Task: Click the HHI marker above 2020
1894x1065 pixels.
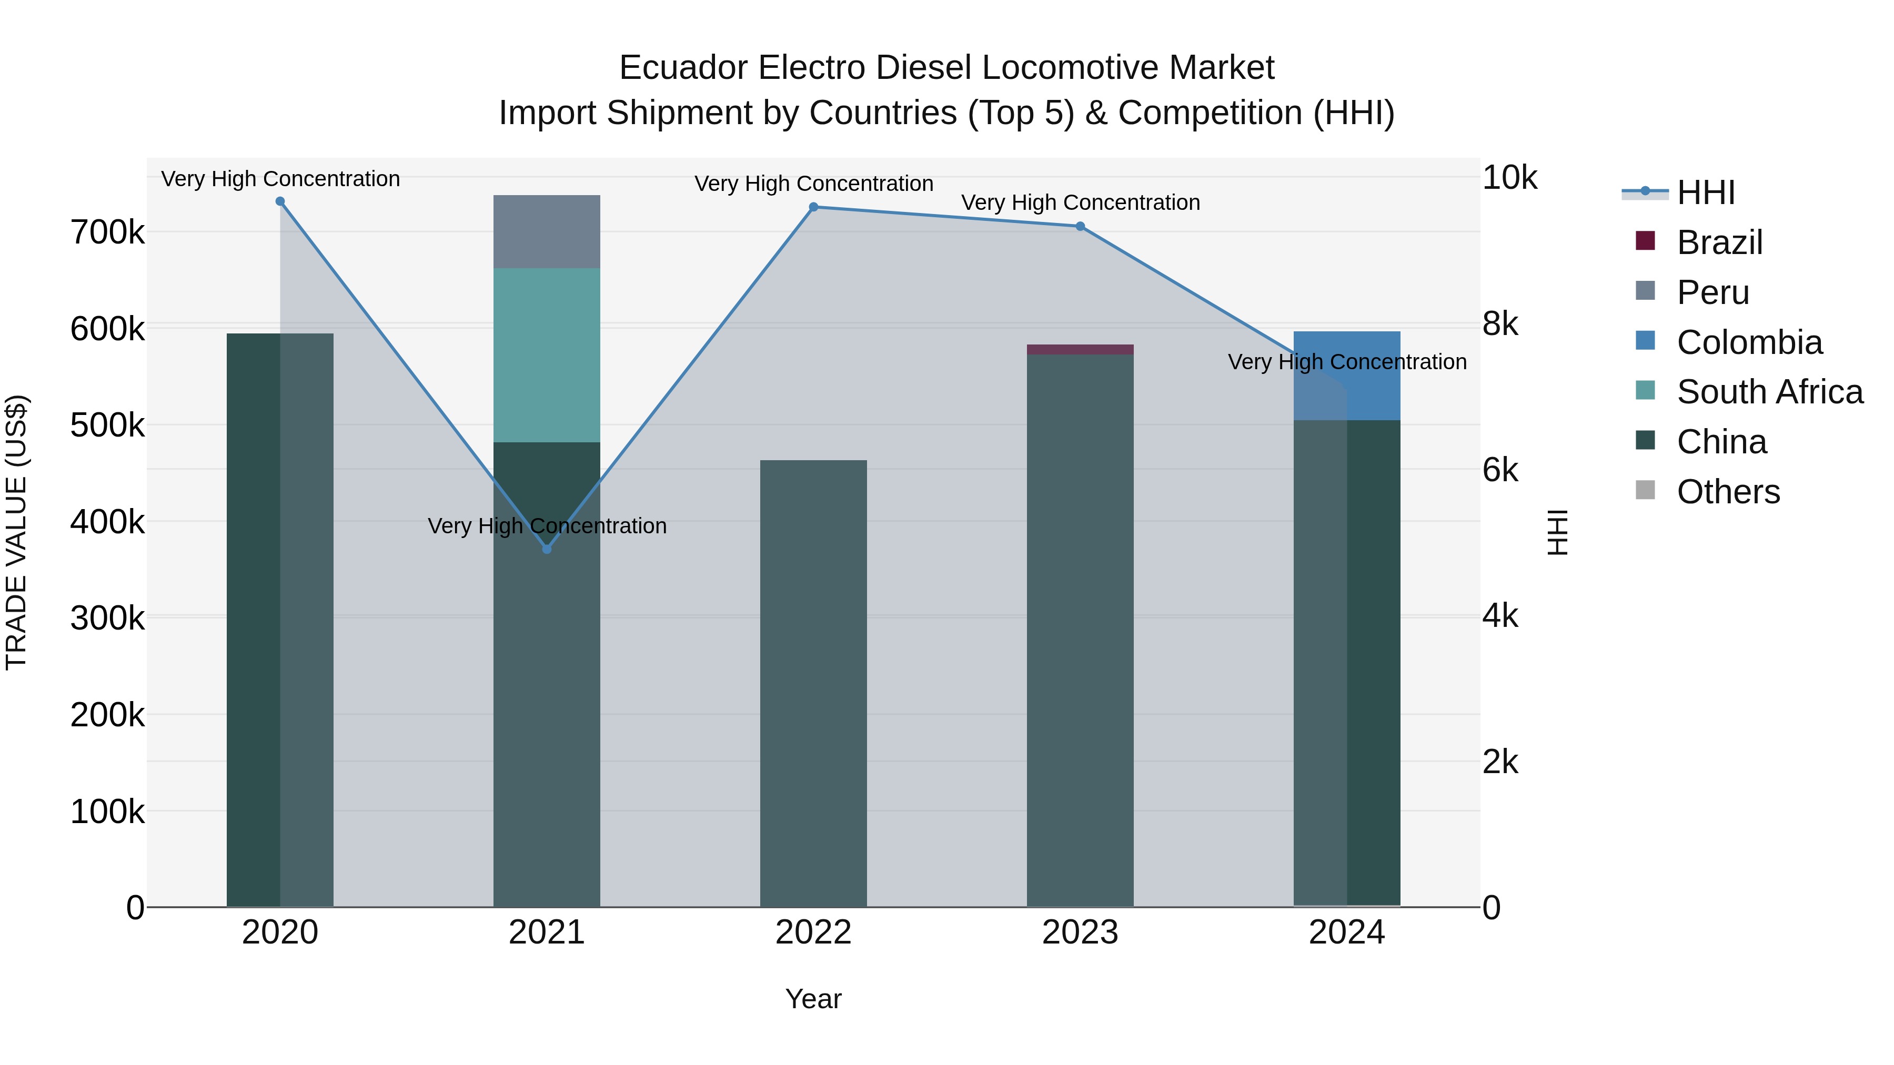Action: coord(280,201)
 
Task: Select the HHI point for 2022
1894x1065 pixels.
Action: coord(813,207)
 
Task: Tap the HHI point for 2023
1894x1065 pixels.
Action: coord(1080,226)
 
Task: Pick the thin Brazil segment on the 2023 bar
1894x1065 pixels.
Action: coord(1080,349)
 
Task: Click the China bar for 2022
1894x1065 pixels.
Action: coord(813,684)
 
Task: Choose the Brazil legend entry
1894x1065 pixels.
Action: coord(1719,242)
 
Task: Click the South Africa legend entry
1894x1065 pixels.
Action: coord(1769,392)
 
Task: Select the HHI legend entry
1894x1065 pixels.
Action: coord(1706,192)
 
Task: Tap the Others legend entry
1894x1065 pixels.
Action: coord(1728,492)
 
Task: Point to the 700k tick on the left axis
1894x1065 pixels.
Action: coord(107,233)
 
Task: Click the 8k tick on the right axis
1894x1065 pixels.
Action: coord(1500,324)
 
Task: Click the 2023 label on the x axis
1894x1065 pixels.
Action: coord(1080,932)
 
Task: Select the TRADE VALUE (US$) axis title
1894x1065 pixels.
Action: coord(16,532)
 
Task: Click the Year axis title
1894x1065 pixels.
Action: coord(813,999)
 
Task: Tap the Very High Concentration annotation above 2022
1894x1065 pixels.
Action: coord(813,184)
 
